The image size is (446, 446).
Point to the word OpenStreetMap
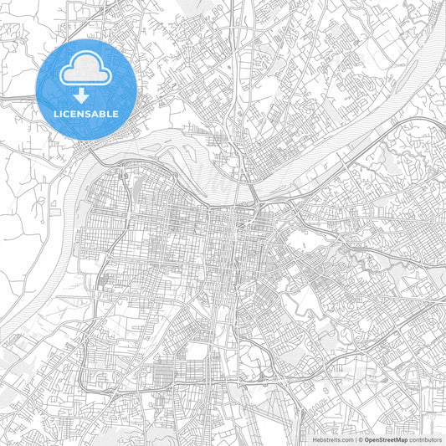(387, 438)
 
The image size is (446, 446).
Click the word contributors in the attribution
(425, 438)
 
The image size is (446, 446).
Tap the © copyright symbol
(361, 438)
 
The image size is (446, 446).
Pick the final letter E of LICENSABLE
(115, 113)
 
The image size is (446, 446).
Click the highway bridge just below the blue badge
(92, 156)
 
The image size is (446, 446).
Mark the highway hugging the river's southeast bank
(335, 167)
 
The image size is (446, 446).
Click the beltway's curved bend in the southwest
(84, 381)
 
